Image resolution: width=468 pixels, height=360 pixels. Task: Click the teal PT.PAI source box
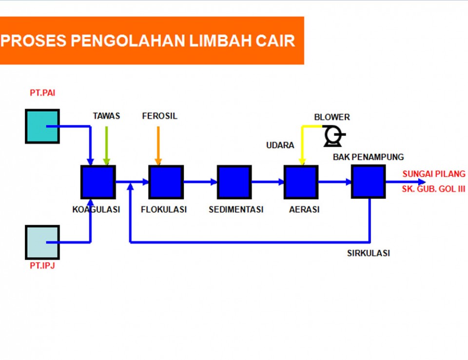point(42,126)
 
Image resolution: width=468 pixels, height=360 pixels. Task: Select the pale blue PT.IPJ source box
point(42,242)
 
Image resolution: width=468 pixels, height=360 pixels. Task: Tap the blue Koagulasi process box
point(98,182)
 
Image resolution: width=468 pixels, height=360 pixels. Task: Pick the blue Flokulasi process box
point(166,182)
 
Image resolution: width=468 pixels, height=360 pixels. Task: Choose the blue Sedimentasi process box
point(234,182)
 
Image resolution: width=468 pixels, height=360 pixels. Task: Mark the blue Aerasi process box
point(301,182)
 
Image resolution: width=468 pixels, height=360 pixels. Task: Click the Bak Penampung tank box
point(369,181)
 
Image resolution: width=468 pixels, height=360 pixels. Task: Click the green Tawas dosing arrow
point(106,146)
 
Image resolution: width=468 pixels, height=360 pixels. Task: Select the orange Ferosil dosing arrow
point(158,146)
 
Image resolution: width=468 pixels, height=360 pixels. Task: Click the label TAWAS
point(106,116)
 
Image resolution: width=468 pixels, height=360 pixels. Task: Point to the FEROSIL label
point(160,116)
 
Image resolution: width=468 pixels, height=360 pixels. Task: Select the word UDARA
point(280,145)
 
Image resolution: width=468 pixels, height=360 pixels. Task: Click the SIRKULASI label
point(369,253)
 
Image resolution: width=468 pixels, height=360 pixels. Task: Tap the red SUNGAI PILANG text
point(434,174)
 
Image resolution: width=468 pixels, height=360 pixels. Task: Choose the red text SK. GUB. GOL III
point(433,189)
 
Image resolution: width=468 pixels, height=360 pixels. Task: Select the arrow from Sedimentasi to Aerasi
point(268,181)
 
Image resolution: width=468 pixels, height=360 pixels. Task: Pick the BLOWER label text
point(332,117)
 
